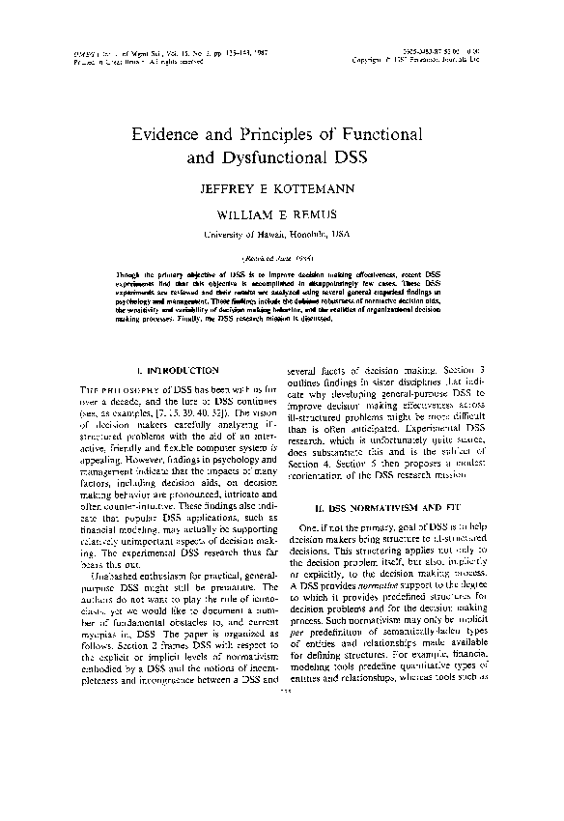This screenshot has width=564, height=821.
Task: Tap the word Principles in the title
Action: [x=287, y=133]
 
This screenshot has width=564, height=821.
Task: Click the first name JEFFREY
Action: [x=226, y=187]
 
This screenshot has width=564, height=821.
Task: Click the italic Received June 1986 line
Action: [x=281, y=257]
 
